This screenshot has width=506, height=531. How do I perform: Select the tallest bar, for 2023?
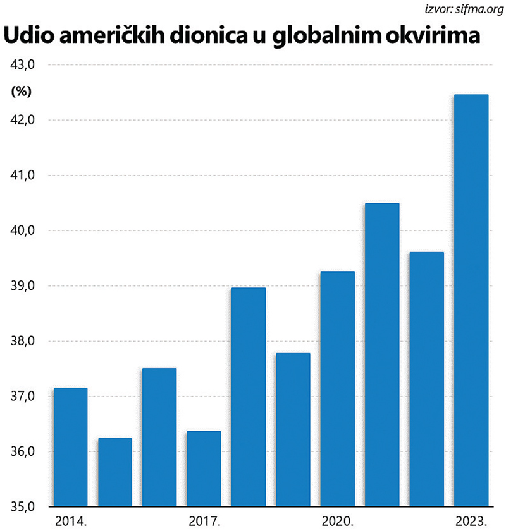pos(471,301)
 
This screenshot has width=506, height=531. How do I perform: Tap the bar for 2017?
pos(204,468)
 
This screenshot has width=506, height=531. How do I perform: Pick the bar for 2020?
pos(337,389)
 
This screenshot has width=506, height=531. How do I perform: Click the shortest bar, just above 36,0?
pos(114,472)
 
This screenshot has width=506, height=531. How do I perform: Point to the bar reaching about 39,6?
pos(426,379)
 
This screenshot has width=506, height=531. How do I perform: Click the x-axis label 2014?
pos(70,522)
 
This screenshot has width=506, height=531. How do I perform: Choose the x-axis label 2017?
pos(203,522)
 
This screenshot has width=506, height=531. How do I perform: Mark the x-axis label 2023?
pos(471,522)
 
